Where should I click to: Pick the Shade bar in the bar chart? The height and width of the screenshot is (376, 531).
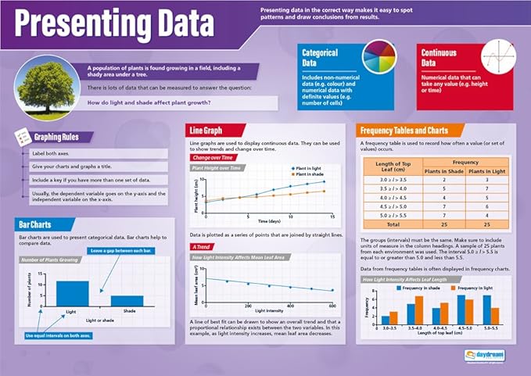[126, 299]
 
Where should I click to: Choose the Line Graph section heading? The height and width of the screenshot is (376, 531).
[209, 130]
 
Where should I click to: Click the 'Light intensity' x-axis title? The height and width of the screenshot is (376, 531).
[268, 311]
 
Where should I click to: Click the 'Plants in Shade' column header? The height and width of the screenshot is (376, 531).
[444, 170]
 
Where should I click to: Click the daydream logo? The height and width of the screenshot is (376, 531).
[485, 354]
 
